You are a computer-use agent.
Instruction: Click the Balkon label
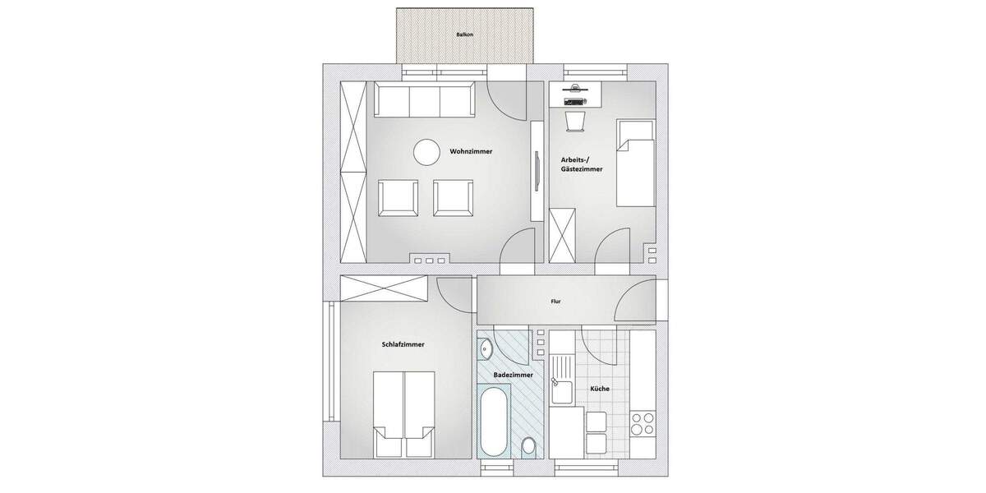464,35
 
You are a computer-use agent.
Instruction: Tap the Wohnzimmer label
471,151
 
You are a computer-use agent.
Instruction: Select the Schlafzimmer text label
403,344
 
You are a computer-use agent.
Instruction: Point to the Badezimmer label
513,375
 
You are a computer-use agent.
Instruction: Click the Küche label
599,389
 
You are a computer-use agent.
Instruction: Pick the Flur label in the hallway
556,302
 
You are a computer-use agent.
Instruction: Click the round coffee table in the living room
426,151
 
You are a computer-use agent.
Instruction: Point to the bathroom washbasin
485,348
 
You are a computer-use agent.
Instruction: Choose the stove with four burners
642,425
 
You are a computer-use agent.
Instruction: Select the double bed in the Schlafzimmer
403,414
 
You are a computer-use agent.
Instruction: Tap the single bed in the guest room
636,163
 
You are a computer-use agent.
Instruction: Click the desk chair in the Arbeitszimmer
576,122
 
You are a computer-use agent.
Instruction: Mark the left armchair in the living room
398,198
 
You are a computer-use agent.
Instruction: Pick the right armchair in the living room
453,198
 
